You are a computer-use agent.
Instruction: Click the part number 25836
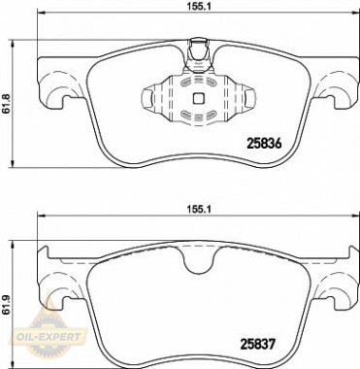264,144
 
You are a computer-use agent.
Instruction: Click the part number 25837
257,344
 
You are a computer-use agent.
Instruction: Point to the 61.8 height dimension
5,104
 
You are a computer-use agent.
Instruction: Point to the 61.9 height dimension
5,305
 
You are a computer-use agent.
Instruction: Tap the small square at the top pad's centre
198,98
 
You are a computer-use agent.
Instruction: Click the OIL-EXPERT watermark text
49,337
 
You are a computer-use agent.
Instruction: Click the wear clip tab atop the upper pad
198,53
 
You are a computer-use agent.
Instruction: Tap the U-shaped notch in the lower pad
198,260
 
